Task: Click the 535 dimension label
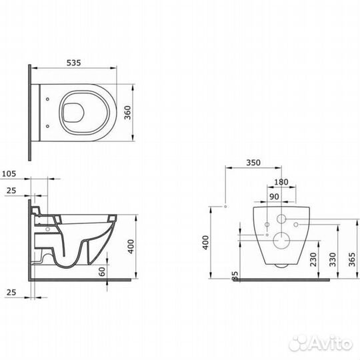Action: pyautogui.click(x=74, y=63)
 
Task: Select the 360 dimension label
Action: pyautogui.click(x=128, y=113)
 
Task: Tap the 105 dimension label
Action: pyautogui.click(x=9, y=174)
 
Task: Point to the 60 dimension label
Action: pyautogui.click(x=102, y=271)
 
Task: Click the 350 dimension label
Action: pyautogui.click(x=253, y=163)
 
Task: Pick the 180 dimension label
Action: pyautogui.click(x=281, y=182)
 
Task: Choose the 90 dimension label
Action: pyautogui.click(x=275, y=197)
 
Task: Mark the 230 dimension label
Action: pyautogui.click(x=313, y=259)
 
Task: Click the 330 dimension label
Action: pyautogui.click(x=333, y=259)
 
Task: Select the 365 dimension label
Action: pyautogui.click(x=352, y=259)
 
